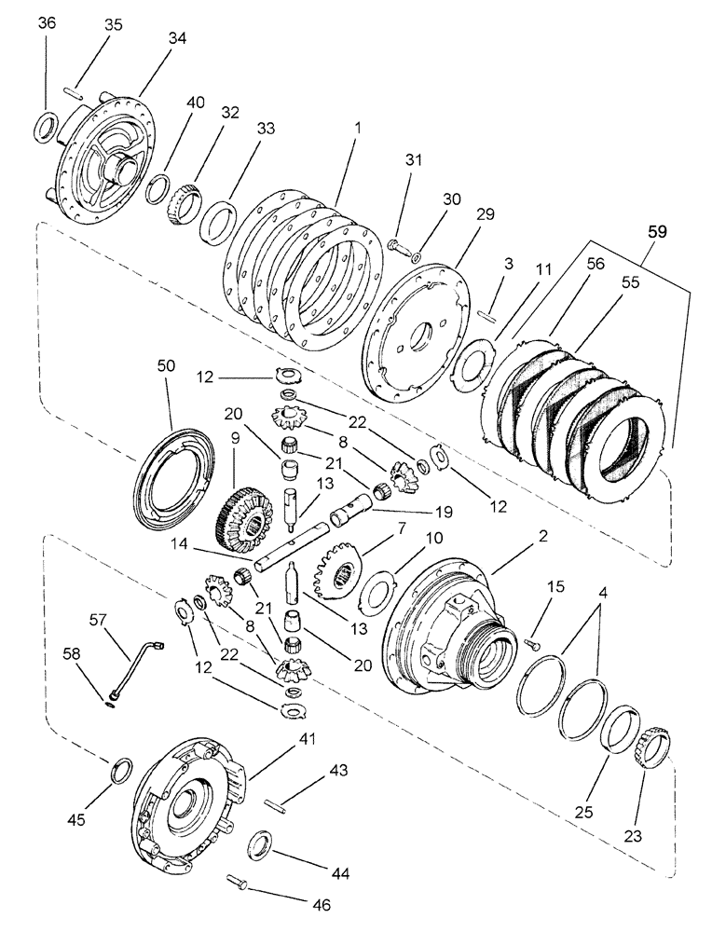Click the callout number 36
46,25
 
